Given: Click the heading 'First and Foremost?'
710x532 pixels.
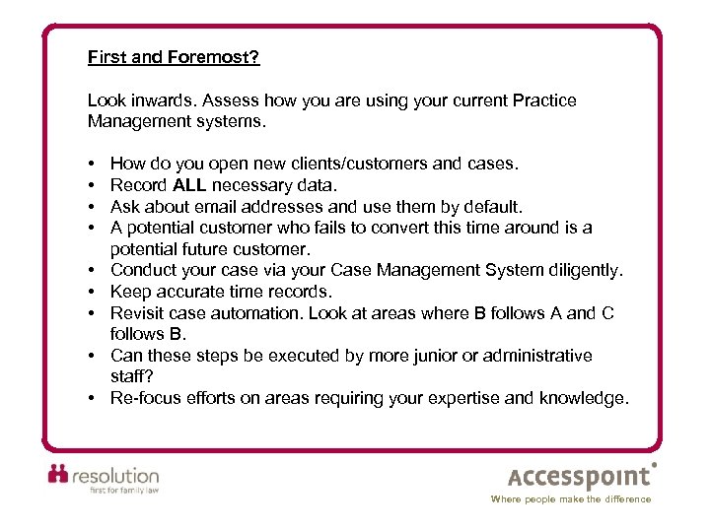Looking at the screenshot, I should tap(174, 57).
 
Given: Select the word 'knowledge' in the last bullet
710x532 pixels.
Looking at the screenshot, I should tap(585, 398).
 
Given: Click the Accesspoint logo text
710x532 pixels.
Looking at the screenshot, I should tap(580, 478).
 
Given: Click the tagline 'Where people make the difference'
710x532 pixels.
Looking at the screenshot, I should tap(571, 499).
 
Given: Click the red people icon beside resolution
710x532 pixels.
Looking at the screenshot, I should tap(60, 476).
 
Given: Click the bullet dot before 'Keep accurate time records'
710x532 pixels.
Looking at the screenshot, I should tap(90, 292).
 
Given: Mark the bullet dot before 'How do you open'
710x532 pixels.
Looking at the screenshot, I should tap(90, 164).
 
